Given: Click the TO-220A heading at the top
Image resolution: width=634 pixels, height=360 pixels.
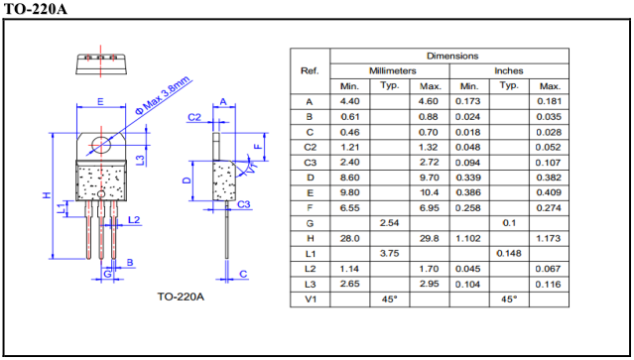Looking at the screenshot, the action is (x=35, y=9).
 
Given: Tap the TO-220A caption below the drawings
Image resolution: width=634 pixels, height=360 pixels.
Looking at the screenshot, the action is (x=181, y=297).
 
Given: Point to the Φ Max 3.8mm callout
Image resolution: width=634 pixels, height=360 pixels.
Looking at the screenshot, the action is (x=163, y=95).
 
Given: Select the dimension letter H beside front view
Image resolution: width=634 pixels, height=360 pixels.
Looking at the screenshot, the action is (x=47, y=195).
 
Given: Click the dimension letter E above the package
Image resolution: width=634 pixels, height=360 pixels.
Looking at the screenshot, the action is (x=100, y=102).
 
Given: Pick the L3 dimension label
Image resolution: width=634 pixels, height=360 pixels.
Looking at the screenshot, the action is (x=140, y=160).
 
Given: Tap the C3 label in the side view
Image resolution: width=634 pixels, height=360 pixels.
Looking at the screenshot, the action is (x=243, y=204).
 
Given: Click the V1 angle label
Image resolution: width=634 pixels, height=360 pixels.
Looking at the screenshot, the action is (x=251, y=167).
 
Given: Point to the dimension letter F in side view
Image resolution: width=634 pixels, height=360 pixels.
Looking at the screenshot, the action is (x=258, y=147).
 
